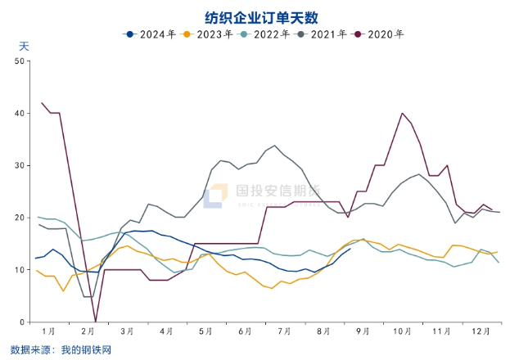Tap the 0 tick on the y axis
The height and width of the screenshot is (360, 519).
pyautogui.click(x=23, y=322)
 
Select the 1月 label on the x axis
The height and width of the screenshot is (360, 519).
pyautogui.click(x=48, y=331)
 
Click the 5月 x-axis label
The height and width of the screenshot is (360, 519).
pyautogui.click(x=205, y=331)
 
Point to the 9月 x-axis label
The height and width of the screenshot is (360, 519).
pyautogui.click(x=363, y=331)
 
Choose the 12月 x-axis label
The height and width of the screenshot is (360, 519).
pyautogui.click(x=481, y=331)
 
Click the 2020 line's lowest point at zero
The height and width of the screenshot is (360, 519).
pyautogui.click(x=96, y=321)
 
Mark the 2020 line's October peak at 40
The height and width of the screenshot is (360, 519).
pyautogui.click(x=403, y=113)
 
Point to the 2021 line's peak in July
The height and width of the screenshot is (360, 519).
pyautogui.click(x=274, y=146)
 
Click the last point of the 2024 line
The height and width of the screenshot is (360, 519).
pyautogui.click(x=350, y=249)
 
